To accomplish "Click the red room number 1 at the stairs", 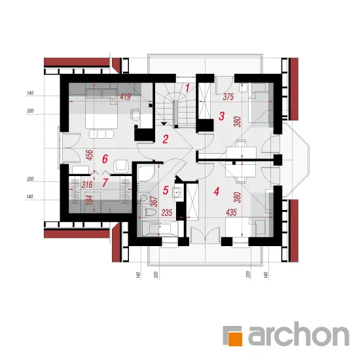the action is [187, 88].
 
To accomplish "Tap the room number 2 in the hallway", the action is [166, 139].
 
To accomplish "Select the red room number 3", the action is [221, 116].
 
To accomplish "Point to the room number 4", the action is [216, 192].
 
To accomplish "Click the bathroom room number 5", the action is [166, 190].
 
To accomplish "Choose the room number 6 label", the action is [105, 159].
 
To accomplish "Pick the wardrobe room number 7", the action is [105, 183].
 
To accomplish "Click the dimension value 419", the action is [126, 97].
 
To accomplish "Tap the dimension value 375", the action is [228, 97].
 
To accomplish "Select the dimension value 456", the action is [89, 155].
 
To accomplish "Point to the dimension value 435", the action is [231, 212].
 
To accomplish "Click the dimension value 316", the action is [87, 185].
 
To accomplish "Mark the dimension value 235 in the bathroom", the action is [167, 213].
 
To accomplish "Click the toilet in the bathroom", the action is [149, 211].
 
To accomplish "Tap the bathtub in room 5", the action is [160, 228].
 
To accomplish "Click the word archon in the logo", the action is [298, 334].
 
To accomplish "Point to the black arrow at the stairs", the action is [164, 124].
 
